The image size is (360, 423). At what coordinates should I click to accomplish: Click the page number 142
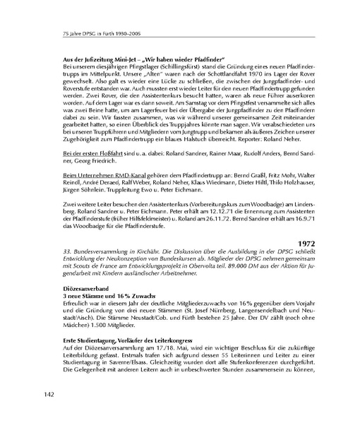tap(52, 392)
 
